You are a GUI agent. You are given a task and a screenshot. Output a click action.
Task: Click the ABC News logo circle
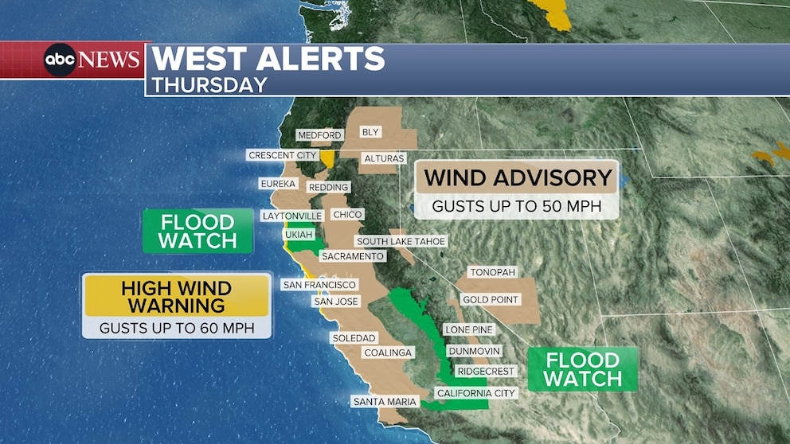(x=61, y=60)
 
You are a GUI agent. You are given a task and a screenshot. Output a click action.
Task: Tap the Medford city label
(x=319, y=135)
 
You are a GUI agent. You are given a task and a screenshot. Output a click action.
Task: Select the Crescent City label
(x=283, y=155)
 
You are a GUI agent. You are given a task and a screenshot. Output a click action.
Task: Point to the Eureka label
(x=278, y=184)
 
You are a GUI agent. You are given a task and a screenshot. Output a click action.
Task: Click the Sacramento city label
(x=353, y=256)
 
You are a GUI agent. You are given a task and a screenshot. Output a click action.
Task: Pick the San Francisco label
(x=319, y=285)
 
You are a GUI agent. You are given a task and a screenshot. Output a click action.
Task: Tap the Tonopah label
(x=492, y=272)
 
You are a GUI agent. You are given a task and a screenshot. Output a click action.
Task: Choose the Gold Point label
(x=490, y=300)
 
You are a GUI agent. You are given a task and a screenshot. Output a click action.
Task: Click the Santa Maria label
(x=385, y=402)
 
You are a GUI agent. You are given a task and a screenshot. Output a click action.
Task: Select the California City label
(x=476, y=393)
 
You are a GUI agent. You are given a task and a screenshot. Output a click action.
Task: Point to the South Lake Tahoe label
(x=401, y=241)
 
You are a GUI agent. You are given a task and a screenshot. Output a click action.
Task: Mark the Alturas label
(x=384, y=158)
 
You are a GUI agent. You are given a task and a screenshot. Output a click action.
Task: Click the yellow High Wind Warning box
(x=176, y=296)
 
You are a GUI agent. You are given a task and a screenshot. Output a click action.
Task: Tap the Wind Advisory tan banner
(x=518, y=178)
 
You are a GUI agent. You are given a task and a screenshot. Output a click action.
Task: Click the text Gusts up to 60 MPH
(x=177, y=327)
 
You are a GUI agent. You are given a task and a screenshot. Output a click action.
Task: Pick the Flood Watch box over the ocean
(x=197, y=231)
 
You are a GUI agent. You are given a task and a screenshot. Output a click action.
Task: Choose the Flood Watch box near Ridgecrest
(x=582, y=369)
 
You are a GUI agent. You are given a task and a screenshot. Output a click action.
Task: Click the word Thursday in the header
(x=209, y=84)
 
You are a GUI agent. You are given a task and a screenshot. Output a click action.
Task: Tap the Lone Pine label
(x=469, y=329)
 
